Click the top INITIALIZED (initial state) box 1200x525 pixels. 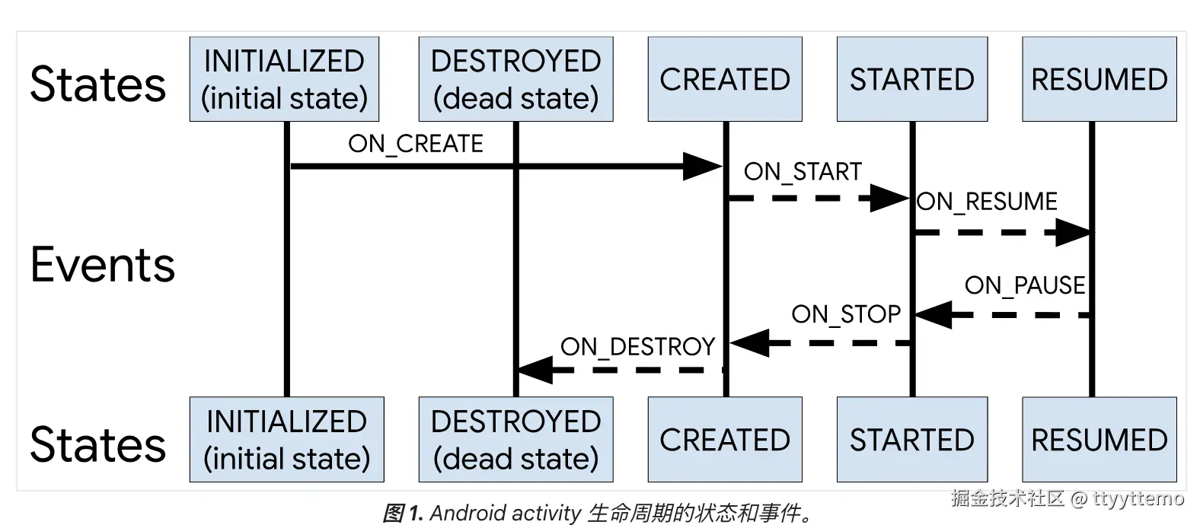284,79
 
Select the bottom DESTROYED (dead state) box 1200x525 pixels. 515,440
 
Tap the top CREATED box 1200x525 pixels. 724,79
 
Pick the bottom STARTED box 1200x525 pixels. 911,440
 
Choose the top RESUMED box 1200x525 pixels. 1099,79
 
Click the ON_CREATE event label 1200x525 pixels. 416,144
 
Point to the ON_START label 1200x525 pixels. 803,172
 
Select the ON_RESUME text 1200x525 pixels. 987,202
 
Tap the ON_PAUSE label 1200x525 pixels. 1024,285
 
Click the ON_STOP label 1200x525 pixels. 845,314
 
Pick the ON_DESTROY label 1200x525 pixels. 637,347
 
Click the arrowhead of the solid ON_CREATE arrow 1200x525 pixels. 701,166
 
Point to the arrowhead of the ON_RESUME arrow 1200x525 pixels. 1073,232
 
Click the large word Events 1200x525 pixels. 103,265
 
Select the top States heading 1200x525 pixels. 97,84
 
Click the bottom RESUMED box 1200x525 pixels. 1099,440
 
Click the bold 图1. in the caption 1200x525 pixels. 403,513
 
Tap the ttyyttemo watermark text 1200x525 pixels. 1138,498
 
